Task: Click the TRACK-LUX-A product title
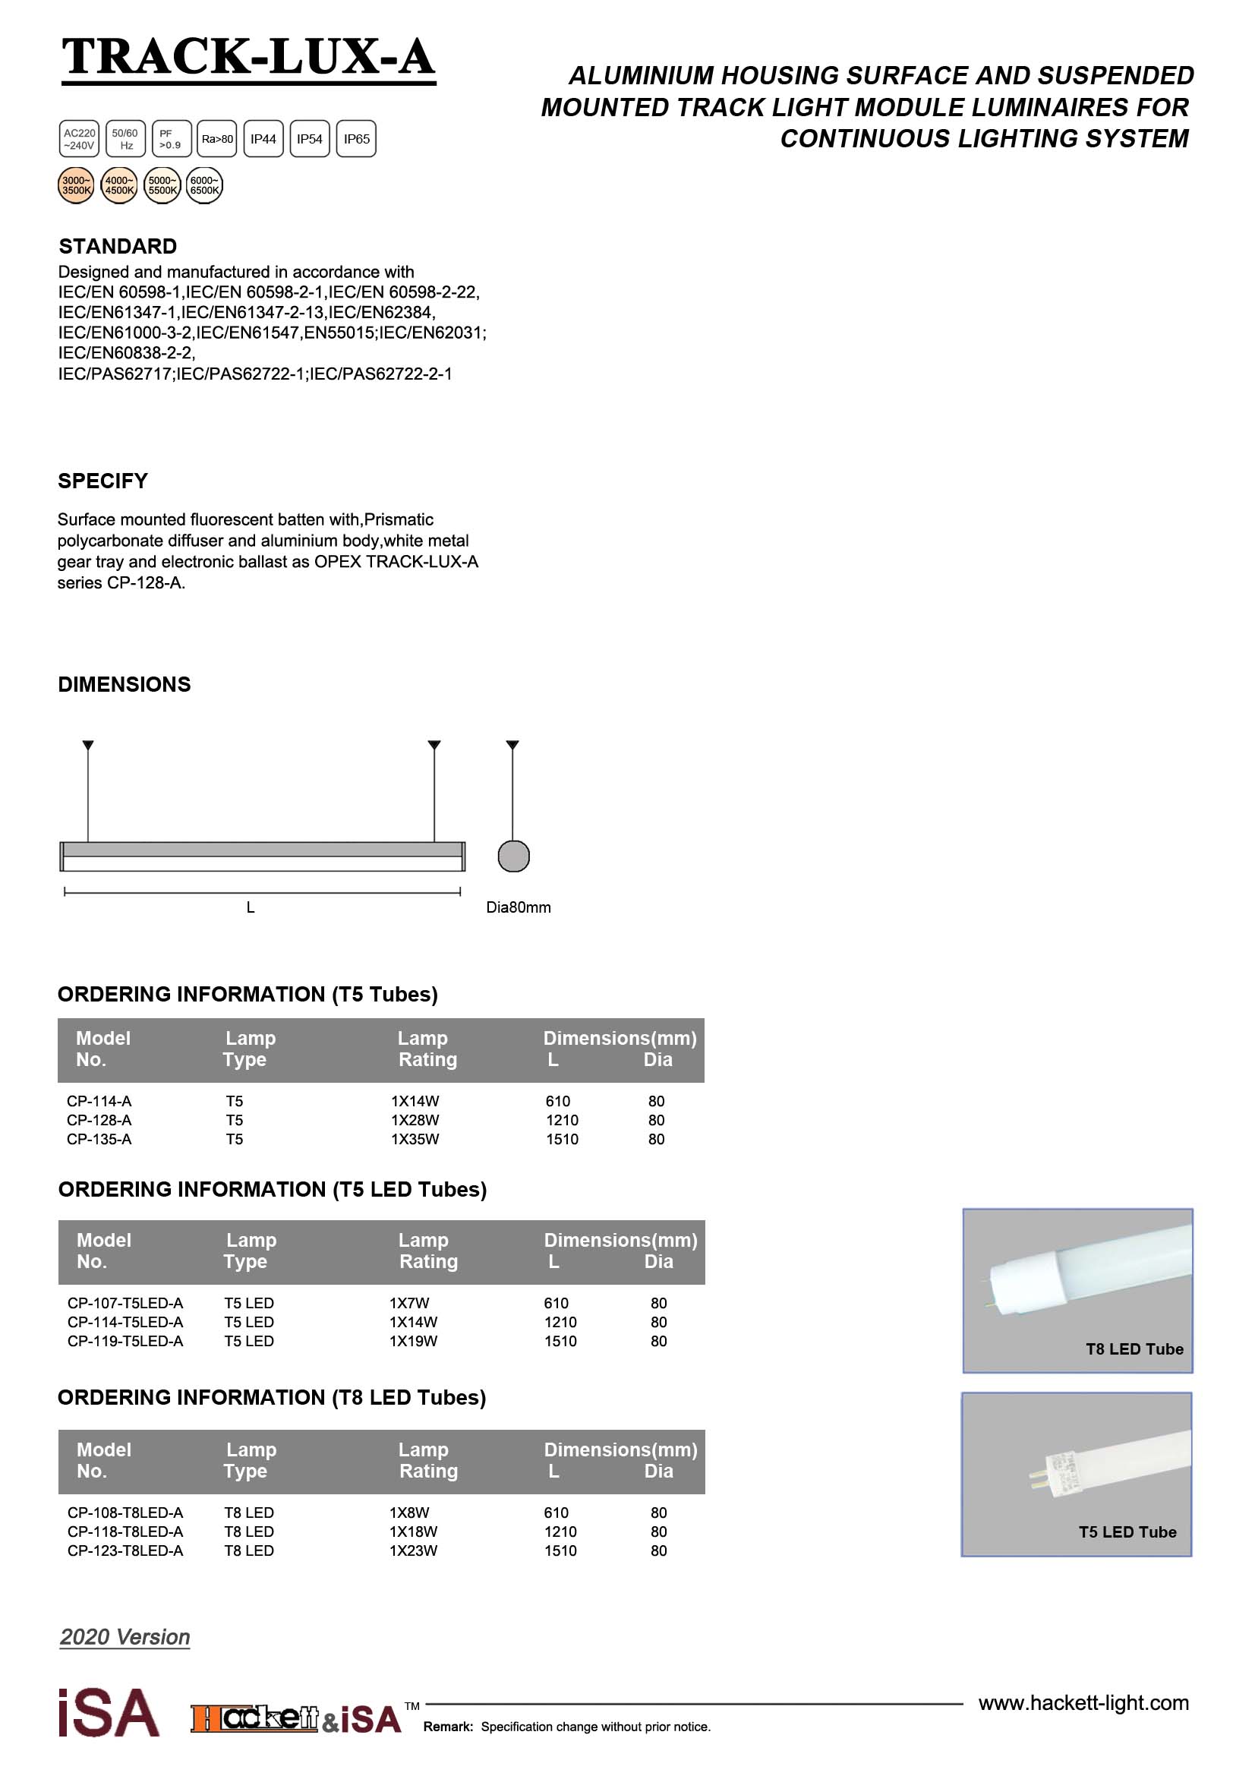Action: (248, 57)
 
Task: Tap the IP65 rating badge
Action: (356, 139)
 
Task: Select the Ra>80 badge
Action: (217, 139)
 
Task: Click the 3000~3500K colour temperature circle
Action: (77, 185)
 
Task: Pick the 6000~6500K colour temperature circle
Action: (204, 185)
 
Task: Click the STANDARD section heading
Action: (118, 246)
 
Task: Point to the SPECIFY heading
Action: (102, 481)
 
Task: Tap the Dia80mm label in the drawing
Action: (518, 907)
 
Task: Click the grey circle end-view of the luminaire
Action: (513, 856)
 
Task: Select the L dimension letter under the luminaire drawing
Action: (251, 907)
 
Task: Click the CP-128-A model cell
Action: (99, 1120)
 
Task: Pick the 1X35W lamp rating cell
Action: (415, 1140)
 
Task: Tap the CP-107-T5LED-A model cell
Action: (125, 1304)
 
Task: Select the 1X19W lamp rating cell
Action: (414, 1341)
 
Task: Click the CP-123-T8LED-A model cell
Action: (125, 1551)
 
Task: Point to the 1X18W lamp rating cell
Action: (414, 1532)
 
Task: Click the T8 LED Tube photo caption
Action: (1134, 1349)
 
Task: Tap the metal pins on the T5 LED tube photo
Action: (1036, 1478)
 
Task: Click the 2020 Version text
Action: (125, 1637)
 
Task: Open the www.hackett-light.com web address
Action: (1083, 1703)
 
